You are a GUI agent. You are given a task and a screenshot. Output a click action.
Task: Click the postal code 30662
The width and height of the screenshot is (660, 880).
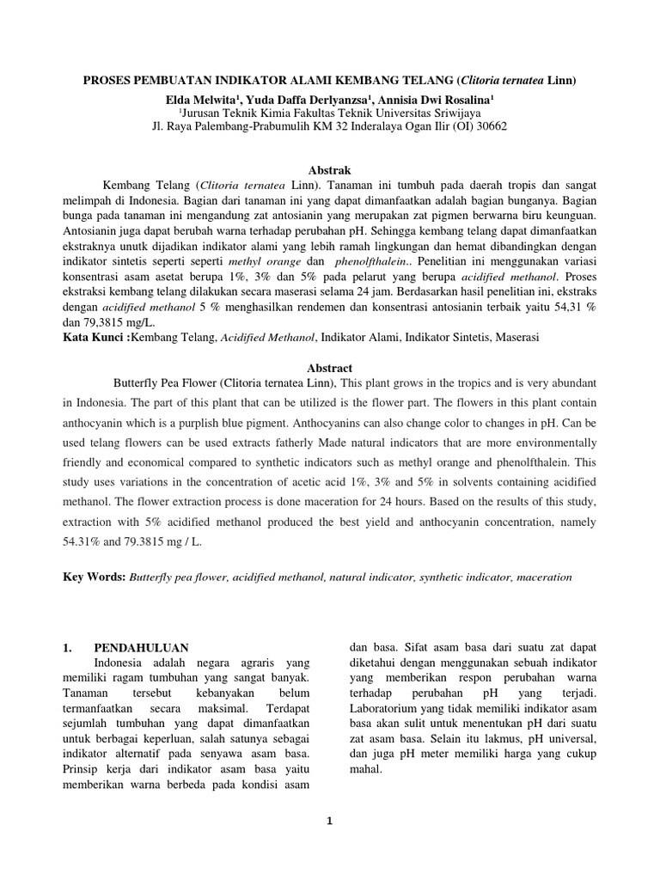(491, 125)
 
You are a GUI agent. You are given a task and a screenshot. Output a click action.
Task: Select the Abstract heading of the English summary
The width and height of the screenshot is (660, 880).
(330, 367)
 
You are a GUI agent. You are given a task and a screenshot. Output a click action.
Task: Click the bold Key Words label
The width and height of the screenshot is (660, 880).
(95, 577)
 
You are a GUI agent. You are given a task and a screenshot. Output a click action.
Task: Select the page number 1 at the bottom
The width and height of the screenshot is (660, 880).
(330, 821)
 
